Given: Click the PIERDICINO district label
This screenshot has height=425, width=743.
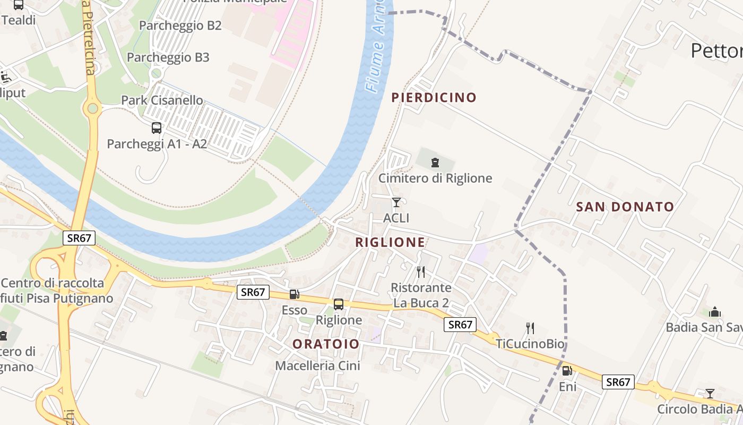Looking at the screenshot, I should [x=434, y=97].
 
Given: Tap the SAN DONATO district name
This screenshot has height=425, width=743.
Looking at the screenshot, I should [x=625, y=207].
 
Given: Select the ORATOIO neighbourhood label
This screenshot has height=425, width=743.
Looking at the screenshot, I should [x=326, y=344].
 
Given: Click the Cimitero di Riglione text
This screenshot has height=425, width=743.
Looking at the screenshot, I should [x=435, y=178].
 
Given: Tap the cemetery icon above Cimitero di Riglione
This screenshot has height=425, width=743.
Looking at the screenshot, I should [x=435, y=163].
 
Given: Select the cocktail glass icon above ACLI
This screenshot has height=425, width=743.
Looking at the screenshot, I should [x=396, y=202].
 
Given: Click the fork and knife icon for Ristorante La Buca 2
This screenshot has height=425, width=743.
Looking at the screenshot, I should [x=421, y=272].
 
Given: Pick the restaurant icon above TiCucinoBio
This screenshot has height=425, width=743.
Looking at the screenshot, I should [x=530, y=328].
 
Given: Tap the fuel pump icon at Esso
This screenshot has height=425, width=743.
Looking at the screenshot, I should [x=294, y=294].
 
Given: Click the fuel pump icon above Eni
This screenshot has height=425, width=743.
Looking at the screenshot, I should [x=567, y=371].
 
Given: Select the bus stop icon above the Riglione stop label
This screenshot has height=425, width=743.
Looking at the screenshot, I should [x=339, y=304].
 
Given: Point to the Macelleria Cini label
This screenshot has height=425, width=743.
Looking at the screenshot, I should [x=317, y=365].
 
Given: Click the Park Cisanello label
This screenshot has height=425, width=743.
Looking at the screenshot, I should [x=162, y=100].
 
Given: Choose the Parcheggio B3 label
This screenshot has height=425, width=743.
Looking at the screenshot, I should [x=168, y=57].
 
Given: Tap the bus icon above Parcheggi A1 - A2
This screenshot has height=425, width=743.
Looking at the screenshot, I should [x=157, y=128].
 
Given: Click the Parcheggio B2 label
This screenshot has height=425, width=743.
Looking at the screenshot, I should [x=180, y=25].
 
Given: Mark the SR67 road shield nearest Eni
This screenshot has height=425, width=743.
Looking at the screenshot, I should [x=618, y=381].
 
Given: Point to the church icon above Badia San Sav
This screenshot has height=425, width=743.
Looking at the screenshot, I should [x=715, y=312].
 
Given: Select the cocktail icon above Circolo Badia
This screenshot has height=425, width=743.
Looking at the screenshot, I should [x=710, y=394].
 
